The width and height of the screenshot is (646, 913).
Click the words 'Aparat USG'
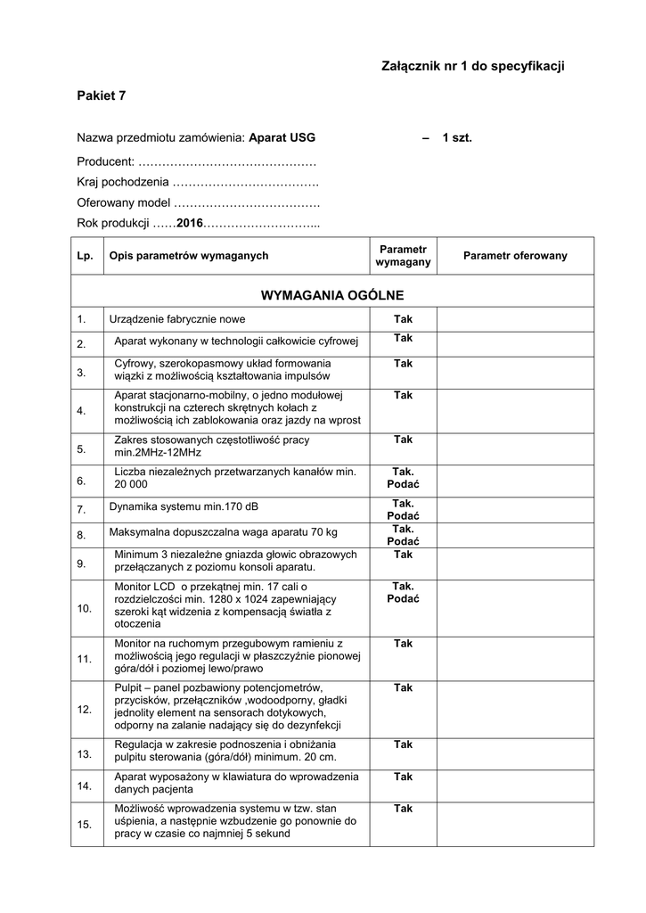[x=282, y=138]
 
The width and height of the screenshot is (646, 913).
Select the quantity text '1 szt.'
[x=457, y=138]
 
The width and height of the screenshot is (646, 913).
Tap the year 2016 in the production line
[x=190, y=223]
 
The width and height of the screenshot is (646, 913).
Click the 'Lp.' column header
[x=85, y=256]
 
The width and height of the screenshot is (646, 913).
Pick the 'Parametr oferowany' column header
[x=515, y=256]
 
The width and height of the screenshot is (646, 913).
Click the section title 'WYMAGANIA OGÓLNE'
[x=331, y=294]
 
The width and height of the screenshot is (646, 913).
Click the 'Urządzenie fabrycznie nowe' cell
[x=177, y=319]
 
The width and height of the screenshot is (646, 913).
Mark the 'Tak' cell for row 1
[x=403, y=319]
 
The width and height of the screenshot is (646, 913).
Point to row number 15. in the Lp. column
[x=85, y=825]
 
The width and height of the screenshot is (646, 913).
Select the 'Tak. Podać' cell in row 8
[x=403, y=535]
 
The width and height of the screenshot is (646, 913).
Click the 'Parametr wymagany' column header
[x=403, y=256]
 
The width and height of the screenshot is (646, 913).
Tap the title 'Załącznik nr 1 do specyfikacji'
[x=473, y=66]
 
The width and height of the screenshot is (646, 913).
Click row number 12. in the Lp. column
[x=85, y=710]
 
